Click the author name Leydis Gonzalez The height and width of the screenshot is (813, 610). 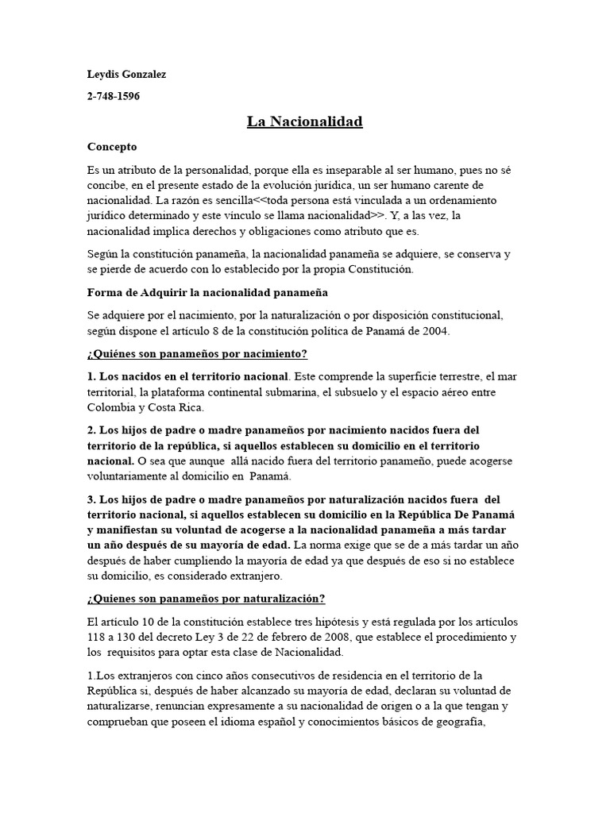coord(126,75)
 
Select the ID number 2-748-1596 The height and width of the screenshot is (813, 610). coord(115,97)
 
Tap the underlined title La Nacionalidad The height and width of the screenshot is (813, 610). coord(304,121)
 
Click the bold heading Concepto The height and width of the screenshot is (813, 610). coord(111,147)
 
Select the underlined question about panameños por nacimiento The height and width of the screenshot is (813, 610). coord(197,353)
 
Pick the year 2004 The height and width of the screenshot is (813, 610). coord(436,331)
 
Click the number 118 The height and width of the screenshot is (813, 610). coord(97,638)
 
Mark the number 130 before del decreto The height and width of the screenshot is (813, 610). coord(133,638)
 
